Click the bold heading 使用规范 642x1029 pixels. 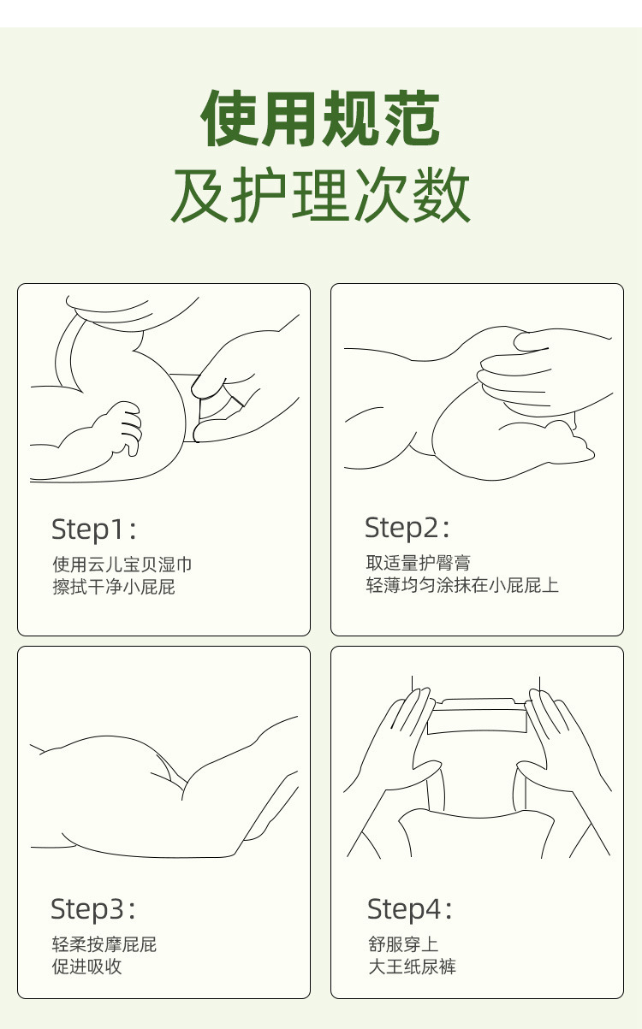pyautogui.click(x=321, y=119)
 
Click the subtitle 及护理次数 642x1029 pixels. pyautogui.click(x=321, y=195)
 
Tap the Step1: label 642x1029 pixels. pyautogui.click(x=94, y=529)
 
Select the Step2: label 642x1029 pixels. pyautogui.click(x=407, y=528)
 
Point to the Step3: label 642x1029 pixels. pyautogui.click(x=93, y=909)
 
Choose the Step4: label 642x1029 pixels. pyautogui.click(x=409, y=909)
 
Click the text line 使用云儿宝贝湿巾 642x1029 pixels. pyautogui.click(x=122, y=565)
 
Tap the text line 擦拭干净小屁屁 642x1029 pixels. pyautogui.click(x=114, y=587)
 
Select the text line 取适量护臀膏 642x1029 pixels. pyautogui.click(x=419, y=563)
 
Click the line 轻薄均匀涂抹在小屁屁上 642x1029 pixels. pyautogui.click(x=462, y=585)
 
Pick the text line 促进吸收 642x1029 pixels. pyautogui.click(x=86, y=967)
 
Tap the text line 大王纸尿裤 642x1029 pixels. pyautogui.click(x=413, y=967)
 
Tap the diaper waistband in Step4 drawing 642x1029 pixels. pyautogui.click(x=477, y=719)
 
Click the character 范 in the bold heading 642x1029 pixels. pyautogui.click(x=411, y=119)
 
